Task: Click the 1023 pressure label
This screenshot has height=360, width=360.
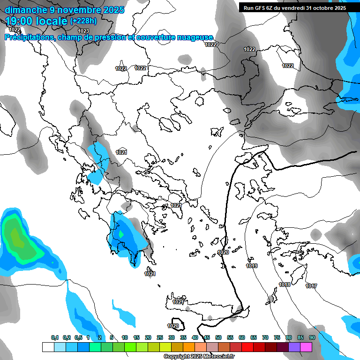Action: pos(83,31)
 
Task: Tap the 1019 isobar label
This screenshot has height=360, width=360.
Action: pos(252,266)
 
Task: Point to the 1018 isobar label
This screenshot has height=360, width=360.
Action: pos(285,285)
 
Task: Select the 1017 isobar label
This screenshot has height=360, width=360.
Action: pos(311,286)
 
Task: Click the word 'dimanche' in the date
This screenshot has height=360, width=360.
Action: pos(25,9)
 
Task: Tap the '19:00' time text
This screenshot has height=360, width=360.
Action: pos(20,21)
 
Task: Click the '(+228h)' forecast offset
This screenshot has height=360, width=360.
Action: pos(83,21)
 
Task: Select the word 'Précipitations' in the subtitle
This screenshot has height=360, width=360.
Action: pos(30,37)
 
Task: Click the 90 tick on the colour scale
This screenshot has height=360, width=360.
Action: pos(312,337)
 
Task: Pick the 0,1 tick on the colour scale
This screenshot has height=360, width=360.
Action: pos(55,337)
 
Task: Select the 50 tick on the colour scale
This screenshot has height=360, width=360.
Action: pos(218,337)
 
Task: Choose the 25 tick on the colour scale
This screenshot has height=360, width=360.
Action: pos(160,337)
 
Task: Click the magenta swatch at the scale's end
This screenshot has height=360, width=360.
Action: pos(306,347)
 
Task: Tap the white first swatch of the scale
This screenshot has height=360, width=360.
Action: pos(48,347)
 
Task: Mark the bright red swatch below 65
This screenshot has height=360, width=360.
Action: pos(247,347)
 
